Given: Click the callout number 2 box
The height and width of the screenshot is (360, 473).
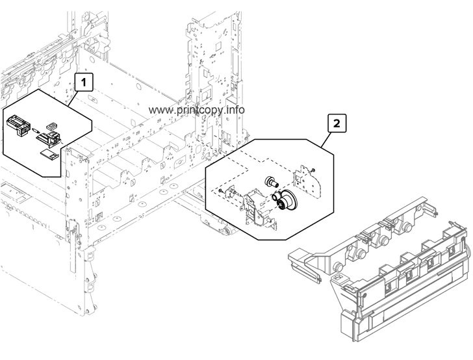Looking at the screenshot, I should (x=335, y=122).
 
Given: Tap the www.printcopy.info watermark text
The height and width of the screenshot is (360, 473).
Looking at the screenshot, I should (x=197, y=110).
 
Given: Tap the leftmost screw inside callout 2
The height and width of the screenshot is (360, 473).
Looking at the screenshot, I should (x=222, y=191).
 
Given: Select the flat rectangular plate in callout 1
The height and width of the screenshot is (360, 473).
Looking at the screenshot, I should (x=46, y=153).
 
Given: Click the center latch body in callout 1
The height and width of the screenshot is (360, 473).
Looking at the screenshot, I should (x=51, y=137).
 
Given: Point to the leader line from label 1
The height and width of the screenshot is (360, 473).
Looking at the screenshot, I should (x=73, y=96).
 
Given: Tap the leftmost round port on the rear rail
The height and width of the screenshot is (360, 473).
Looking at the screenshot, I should (x=338, y=267).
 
